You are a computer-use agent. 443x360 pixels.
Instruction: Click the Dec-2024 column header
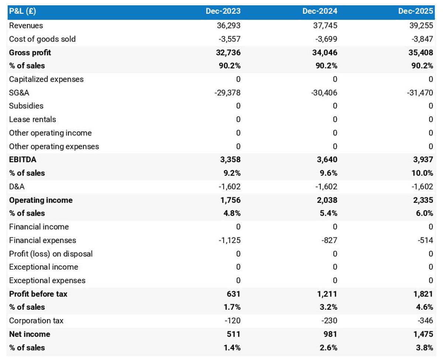pos(319,11)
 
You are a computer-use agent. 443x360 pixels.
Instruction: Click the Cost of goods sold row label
pos(42,39)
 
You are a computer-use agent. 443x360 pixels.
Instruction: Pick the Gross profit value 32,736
pos(228,52)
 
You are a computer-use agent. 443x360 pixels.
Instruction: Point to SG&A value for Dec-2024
pos(324,93)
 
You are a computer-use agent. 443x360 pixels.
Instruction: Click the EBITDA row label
pos(23,160)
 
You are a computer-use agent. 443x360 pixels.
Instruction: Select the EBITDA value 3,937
pos(423,160)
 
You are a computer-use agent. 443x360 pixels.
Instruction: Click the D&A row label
pos(17,187)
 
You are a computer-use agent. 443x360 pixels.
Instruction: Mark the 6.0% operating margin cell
pos(424,213)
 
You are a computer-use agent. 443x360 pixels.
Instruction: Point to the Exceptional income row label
pos(44,267)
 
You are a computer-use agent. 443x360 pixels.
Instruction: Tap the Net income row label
pos(30,334)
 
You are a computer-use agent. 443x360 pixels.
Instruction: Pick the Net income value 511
pos(233,334)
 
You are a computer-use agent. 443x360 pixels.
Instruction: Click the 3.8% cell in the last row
pos(424,347)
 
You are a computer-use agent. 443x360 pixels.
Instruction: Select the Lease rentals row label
pos(32,120)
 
